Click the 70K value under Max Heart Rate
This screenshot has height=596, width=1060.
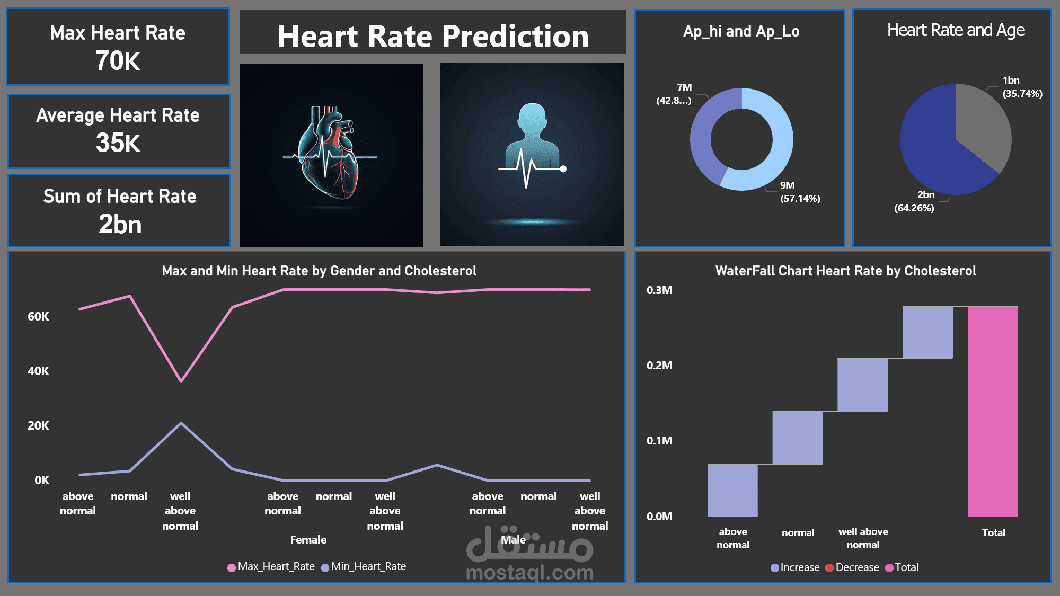118,61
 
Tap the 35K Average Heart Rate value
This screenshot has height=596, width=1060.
118,143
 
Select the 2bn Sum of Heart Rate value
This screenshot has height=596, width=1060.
120,224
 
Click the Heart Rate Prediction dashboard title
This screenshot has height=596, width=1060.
433,36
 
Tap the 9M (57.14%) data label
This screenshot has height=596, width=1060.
800,192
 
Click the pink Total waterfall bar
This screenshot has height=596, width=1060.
993,411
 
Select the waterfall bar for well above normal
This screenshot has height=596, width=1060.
863,385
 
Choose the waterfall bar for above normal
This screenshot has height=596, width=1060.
732,490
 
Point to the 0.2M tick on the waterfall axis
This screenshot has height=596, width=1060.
659,366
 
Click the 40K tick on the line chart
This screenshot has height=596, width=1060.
38,371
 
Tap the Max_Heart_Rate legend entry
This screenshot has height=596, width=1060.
271,567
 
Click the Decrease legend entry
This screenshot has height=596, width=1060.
852,567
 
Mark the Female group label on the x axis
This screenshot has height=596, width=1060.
308,540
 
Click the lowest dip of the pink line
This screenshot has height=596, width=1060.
181,381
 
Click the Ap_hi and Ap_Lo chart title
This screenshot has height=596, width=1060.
741,32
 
